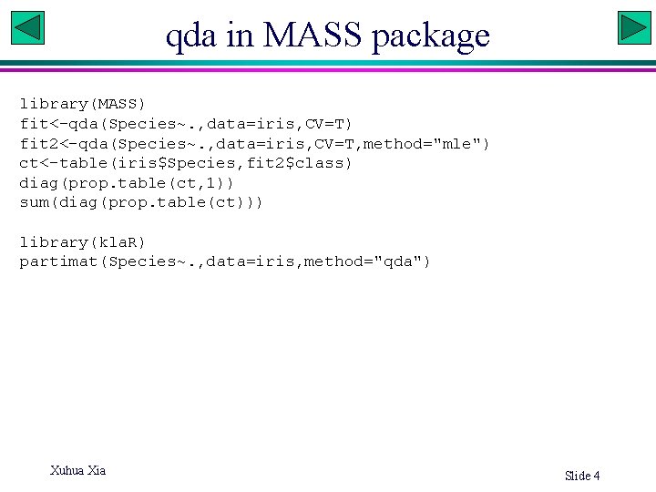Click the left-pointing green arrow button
coord(27,27)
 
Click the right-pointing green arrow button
coord(633,27)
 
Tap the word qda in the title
coord(191,36)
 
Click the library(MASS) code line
coord(82,104)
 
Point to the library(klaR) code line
coord(82,241)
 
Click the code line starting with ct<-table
coord(185,163)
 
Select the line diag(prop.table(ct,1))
coord(127,182)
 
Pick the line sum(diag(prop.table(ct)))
coord(141,202)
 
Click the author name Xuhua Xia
coord(77,470)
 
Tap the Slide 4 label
coord(582,476)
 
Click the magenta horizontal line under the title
coord(328,69)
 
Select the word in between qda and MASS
coord(240,36)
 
